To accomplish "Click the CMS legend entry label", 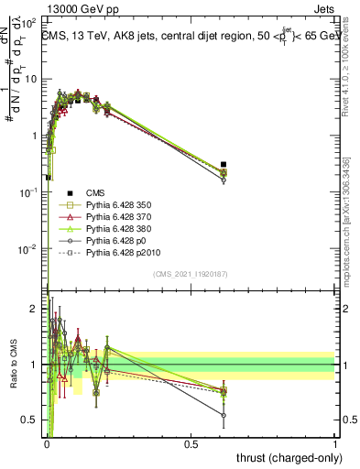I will [x=95, y=192].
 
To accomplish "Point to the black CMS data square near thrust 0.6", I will [x=224, y=165].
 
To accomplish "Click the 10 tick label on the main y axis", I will [x=31, y=79].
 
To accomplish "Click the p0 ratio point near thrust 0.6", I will [x=224, y=415].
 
